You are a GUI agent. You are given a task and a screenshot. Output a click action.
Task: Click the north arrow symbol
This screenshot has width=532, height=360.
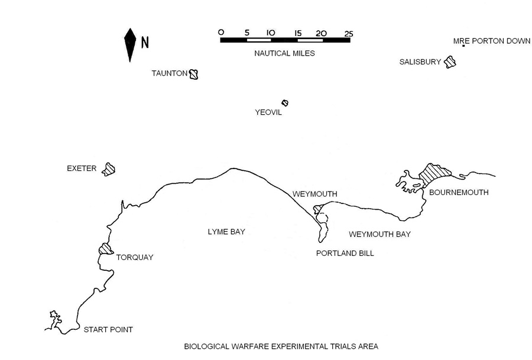(129, 44)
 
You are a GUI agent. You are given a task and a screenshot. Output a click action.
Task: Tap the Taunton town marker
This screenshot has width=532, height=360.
(193, 74)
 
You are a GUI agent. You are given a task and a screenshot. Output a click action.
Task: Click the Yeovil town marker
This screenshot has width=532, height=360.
(285, 103)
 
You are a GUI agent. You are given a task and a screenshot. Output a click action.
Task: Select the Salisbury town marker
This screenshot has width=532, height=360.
(450, 61)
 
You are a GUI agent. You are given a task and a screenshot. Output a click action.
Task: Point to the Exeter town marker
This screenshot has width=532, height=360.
(108, 169)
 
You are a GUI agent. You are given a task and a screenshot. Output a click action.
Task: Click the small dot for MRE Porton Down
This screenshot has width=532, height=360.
(463, 46)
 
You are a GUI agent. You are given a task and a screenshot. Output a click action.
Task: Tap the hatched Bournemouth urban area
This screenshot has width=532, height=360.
(434, 173)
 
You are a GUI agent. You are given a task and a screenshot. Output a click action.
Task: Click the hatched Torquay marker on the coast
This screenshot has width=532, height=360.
(106, 249)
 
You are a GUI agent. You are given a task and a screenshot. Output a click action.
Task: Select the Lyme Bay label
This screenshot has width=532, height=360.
(226, 232)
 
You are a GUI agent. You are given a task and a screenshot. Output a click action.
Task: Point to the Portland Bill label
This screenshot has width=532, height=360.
(346, 253)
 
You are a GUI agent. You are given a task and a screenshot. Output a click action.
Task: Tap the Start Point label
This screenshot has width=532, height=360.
(108, 329)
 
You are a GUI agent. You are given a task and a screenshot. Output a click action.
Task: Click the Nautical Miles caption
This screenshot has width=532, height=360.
(284, 53)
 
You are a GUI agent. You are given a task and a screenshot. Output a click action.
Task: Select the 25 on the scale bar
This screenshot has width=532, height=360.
(349, 33)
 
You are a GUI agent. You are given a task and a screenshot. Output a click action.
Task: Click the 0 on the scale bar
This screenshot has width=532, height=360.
(221, 33)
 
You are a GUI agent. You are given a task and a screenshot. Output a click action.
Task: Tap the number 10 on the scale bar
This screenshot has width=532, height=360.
(271, 33)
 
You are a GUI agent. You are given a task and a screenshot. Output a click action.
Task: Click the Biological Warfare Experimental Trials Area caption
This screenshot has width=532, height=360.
(281, 346)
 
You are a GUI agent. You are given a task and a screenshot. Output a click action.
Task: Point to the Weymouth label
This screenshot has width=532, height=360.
(315, 194)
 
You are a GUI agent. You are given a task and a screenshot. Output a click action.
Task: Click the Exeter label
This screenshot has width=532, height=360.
(82, 168)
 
